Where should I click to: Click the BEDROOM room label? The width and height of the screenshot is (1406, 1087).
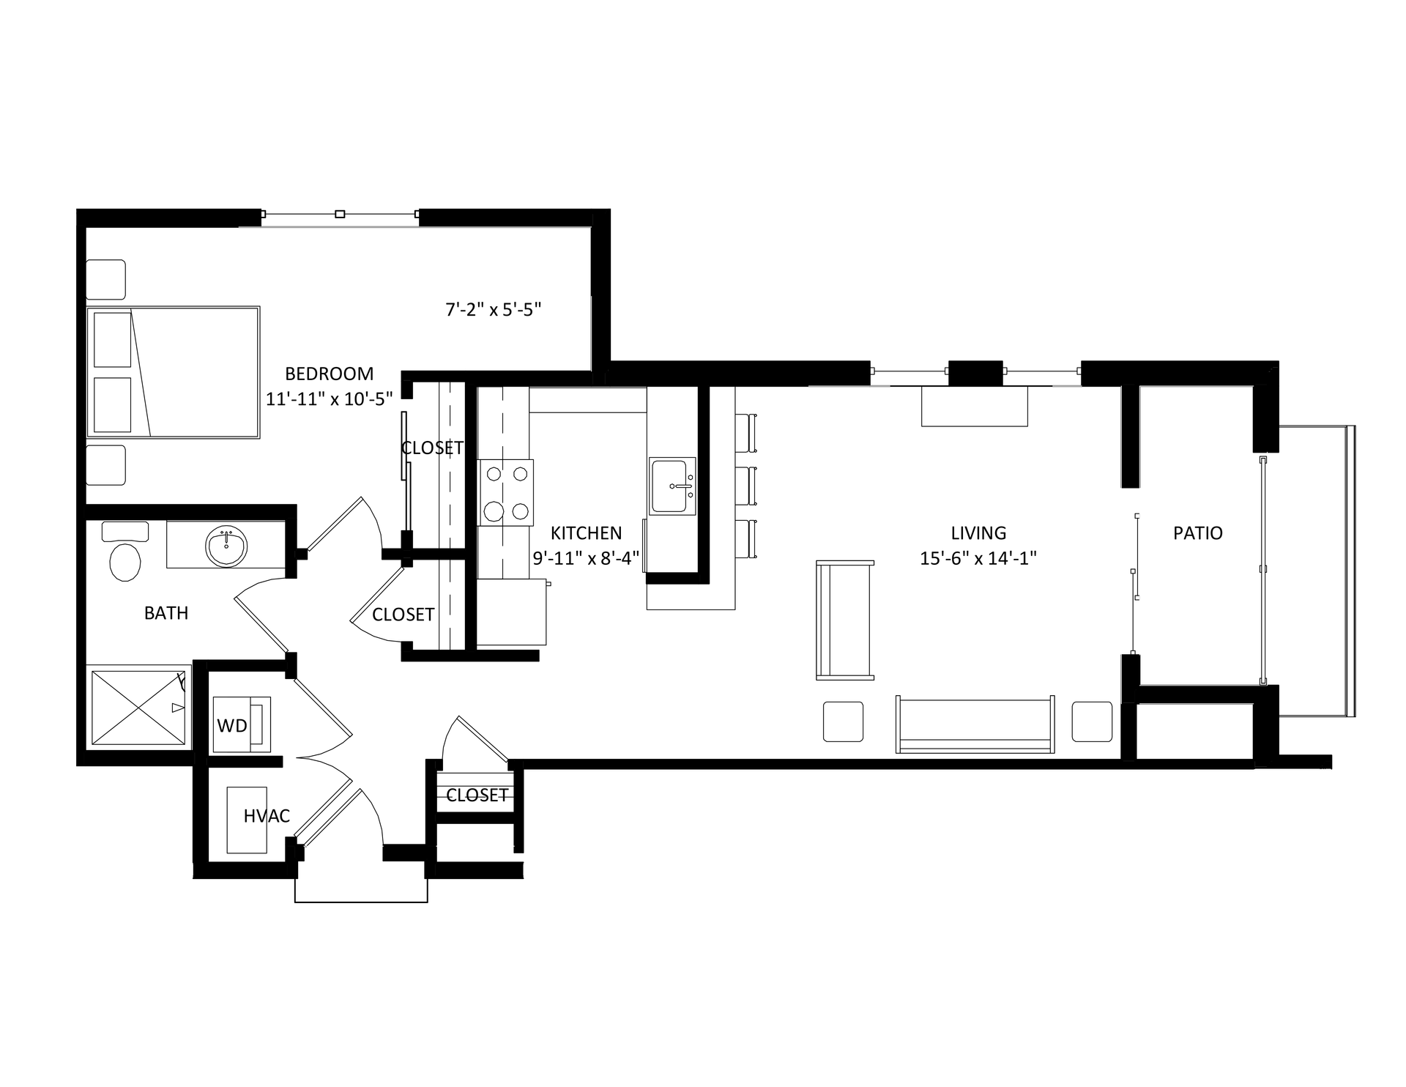329,374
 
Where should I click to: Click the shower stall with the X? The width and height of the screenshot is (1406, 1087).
138,707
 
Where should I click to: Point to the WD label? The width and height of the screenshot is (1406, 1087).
232,726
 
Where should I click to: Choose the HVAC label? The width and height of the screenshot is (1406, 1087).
267,816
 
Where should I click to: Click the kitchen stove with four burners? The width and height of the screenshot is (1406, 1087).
506,492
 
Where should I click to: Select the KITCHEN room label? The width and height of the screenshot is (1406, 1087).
586,533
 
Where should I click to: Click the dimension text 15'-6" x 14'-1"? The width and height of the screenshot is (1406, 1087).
978,558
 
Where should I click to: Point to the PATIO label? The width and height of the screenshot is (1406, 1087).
1198,533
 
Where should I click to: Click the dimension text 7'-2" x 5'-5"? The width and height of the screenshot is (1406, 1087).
493,310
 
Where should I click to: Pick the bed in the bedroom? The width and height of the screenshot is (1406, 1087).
174,372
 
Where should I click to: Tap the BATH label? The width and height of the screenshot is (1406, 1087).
166,613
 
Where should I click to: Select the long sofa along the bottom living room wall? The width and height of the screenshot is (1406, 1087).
975,724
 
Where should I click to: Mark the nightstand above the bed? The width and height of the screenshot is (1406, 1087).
106,280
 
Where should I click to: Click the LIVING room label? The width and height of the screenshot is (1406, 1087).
978,533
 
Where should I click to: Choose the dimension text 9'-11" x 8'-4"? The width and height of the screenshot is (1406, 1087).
586,558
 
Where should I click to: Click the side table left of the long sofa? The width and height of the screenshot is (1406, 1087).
844,721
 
